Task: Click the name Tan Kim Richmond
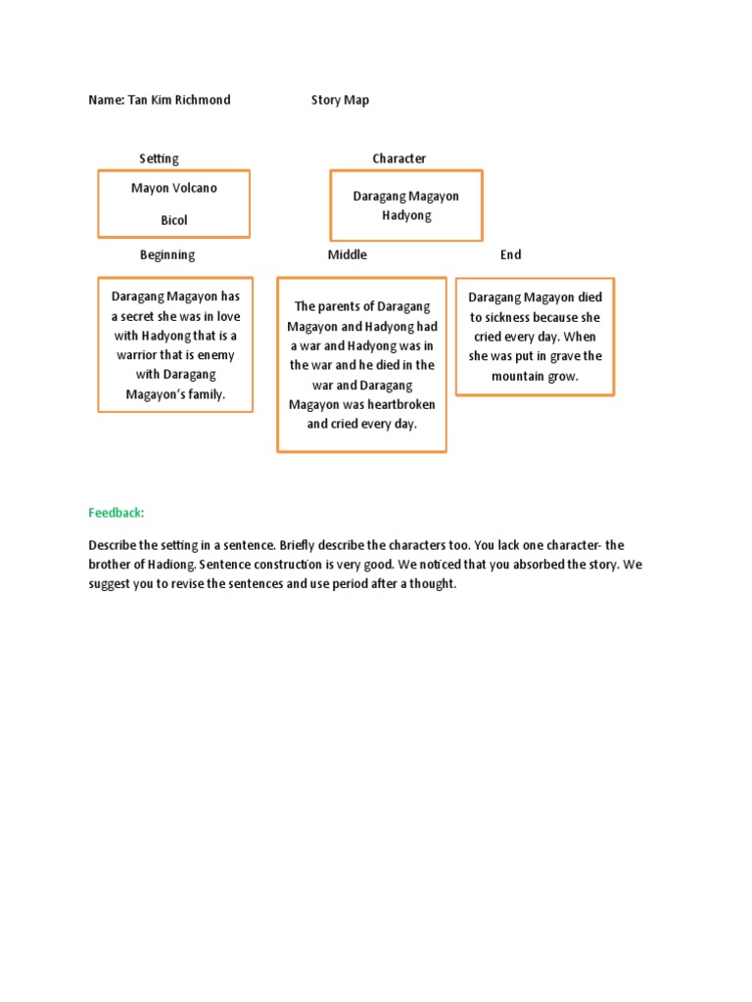[x=179, y=100]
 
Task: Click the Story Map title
[x=340, y=100]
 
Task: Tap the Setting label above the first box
[x=159, y=159]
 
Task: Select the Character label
[x=399, y=159]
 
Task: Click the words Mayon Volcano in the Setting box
[x=174, y=188]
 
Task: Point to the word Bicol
[x=174, y=220]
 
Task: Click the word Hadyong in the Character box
[x=406, y=215]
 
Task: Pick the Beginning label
[x=167, y=254]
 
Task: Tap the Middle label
[x=348, y=254]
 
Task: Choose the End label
[x=510, y=254]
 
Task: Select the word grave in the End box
[x=562, y=356]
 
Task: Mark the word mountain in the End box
[x=518, y=376]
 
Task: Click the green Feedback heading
[x=117, y=513]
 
